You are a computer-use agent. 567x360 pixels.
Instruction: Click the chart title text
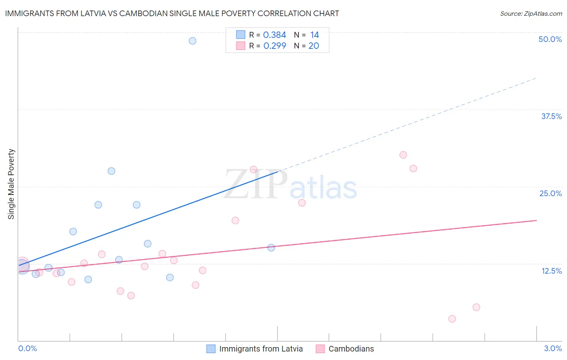point(172,13)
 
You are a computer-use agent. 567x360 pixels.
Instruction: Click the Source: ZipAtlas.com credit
point(531,13)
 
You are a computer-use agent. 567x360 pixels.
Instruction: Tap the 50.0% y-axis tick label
point(550,39)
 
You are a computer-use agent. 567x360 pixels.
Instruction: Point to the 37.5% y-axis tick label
point(551,116)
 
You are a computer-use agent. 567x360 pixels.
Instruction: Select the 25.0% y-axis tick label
point(550,193)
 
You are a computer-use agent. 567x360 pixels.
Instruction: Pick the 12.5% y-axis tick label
point(551,271)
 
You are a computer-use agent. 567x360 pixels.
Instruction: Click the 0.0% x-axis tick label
point(27,348)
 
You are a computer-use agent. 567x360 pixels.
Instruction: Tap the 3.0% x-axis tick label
point(552,348)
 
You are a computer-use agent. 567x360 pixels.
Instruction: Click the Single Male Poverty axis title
point(11,184)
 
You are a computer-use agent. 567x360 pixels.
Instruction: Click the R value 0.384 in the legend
point(274,35)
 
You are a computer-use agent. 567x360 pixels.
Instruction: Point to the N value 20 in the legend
point(314,46)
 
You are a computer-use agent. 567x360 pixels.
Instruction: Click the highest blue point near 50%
point(192,41)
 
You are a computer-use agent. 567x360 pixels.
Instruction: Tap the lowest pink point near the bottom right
point(452,319)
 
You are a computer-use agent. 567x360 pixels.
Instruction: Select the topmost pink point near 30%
point(403,155)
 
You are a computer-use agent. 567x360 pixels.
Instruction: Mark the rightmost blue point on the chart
point(271,248)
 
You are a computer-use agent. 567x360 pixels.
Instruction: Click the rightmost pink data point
point(476,307)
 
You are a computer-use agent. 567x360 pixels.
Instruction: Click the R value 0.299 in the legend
point(274,46)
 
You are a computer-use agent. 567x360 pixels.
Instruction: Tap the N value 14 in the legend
point(315,35)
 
